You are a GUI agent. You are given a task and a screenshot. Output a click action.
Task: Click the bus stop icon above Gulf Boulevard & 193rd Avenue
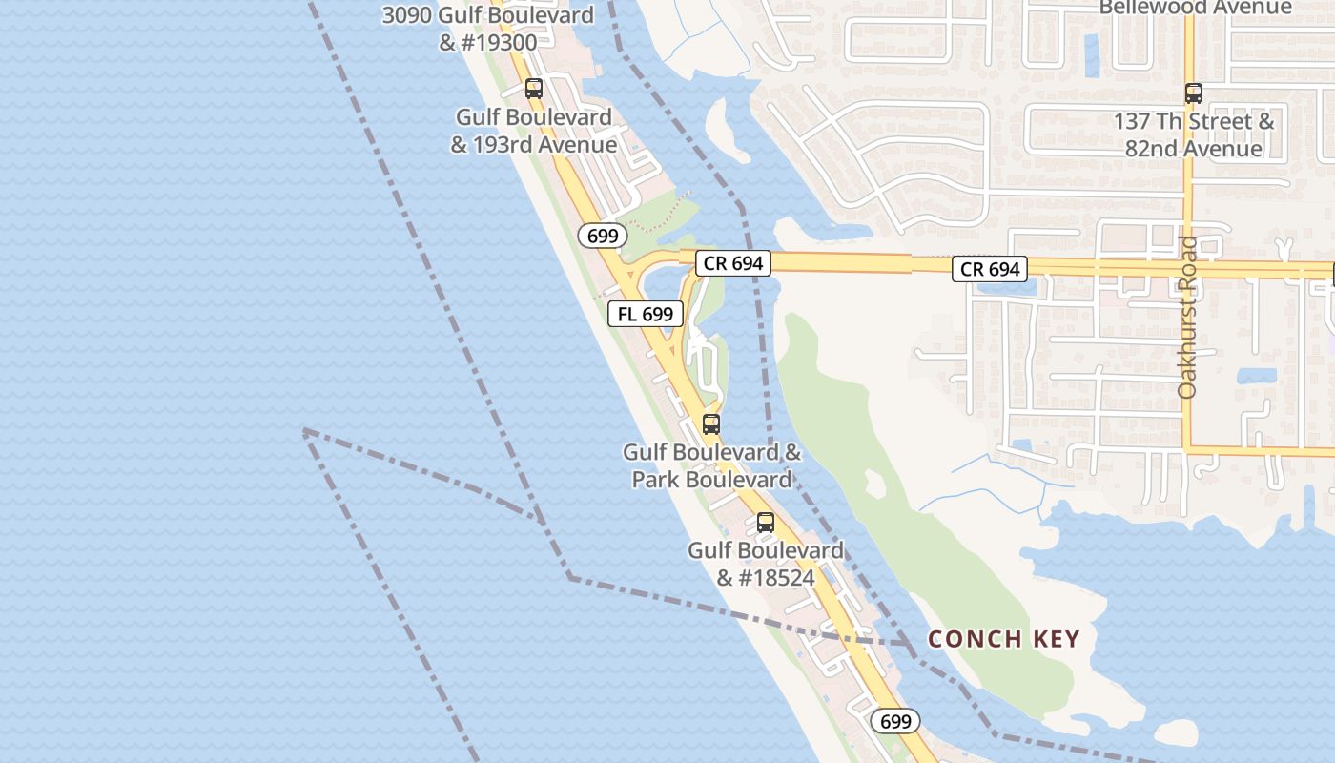(x=534, y=89)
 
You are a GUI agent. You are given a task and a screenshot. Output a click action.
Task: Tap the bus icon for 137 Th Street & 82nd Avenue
(x=1193, y=93)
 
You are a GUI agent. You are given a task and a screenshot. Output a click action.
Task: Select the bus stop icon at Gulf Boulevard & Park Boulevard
(x=710, y=424)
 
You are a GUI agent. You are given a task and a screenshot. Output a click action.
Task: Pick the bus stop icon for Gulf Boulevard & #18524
(x=765, y=523)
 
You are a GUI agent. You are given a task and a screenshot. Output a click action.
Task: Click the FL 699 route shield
(x=646, y=314)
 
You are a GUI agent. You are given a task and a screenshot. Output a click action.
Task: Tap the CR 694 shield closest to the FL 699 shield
(x=732, y=263)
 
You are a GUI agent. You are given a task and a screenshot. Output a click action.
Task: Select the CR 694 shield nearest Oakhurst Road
(x=990, y=270)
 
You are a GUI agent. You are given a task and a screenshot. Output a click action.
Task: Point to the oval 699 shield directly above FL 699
(x=603, y=236)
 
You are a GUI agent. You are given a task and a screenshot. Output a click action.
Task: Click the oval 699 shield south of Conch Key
(x=895, y=722)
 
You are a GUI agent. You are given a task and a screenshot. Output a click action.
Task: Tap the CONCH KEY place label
(x=1004, y=639)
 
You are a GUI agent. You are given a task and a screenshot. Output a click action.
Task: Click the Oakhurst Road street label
(x=1187, y=318)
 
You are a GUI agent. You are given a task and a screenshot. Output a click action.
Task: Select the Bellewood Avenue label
(x=1195, y=9)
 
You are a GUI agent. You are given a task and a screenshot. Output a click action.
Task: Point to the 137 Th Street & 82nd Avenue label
(x=1193, y=135)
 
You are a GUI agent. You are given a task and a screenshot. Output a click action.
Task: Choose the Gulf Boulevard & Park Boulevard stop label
(x=712, y=465)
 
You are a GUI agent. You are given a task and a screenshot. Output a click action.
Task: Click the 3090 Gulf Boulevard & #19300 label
(x=488, y=29)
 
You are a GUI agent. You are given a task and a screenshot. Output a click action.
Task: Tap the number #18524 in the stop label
(x=766, y=578)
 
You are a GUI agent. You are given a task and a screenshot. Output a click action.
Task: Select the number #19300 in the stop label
(x=499, y=42)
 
